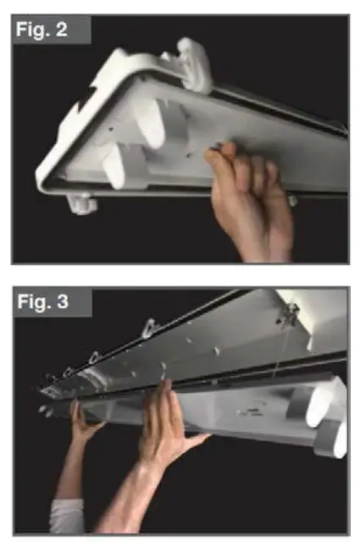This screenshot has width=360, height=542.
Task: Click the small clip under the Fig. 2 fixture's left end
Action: [83, 204]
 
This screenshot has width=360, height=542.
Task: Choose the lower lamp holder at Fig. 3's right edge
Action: [335, 437]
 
